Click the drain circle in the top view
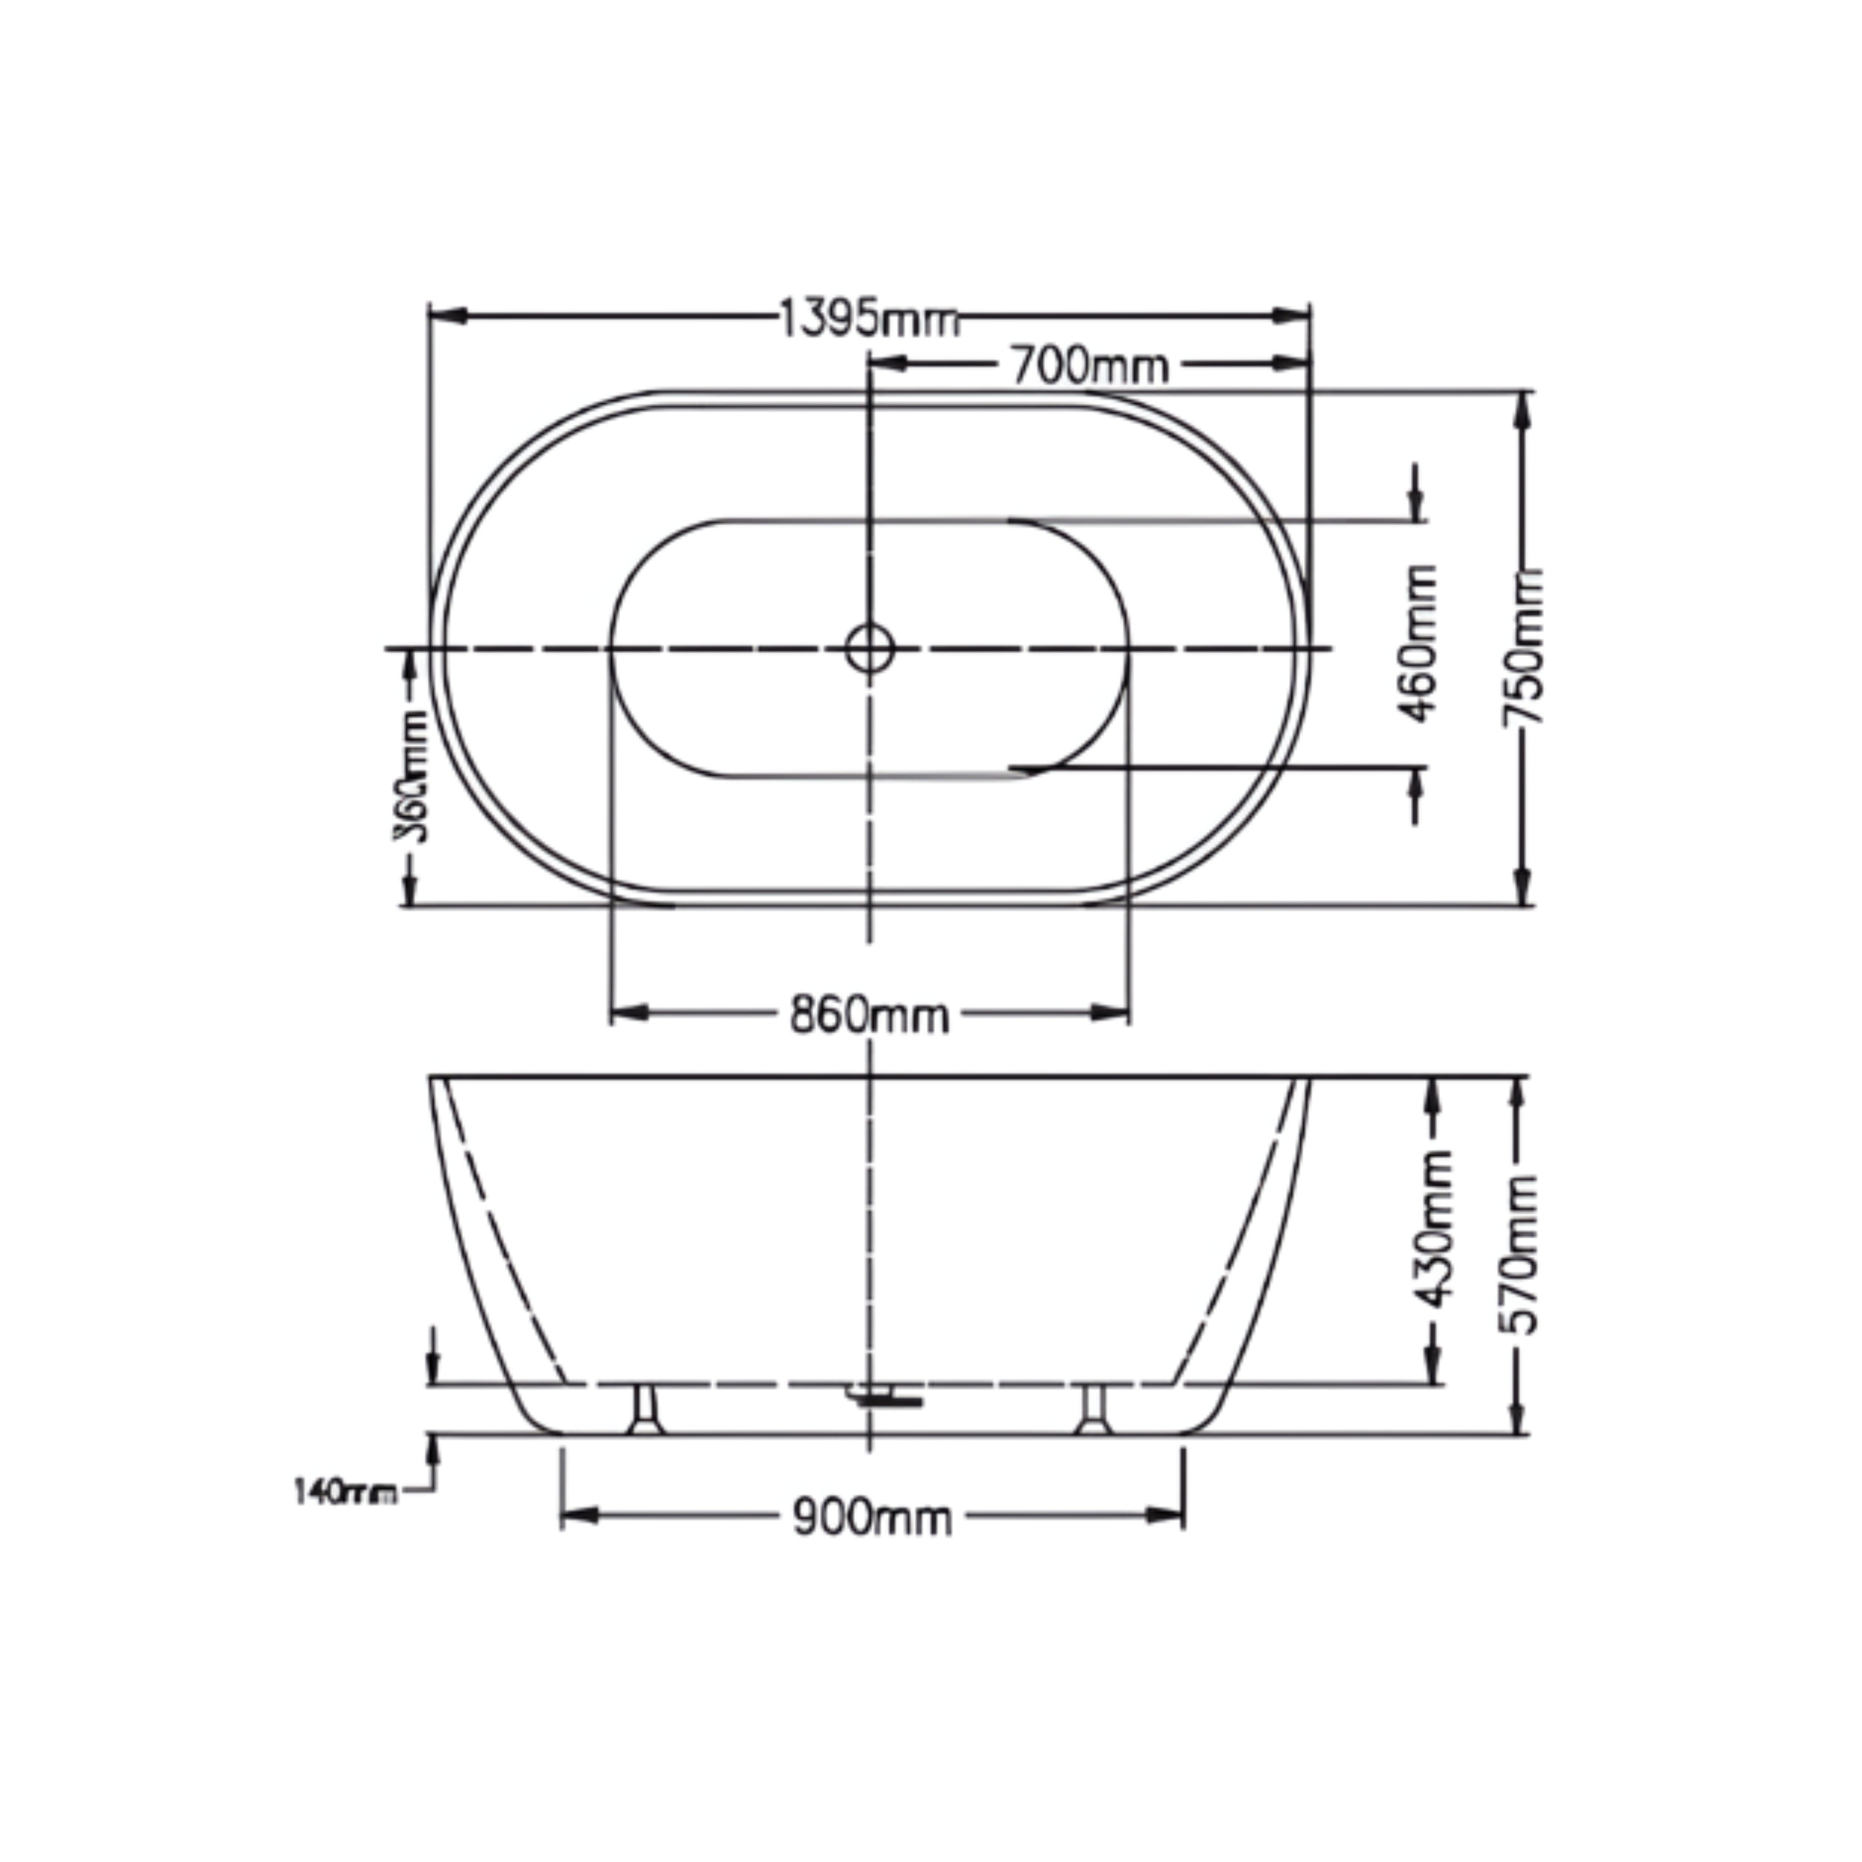pos(869,649)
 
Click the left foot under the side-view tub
pos(645,1410)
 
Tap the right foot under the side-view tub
pos(1093,1410)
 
